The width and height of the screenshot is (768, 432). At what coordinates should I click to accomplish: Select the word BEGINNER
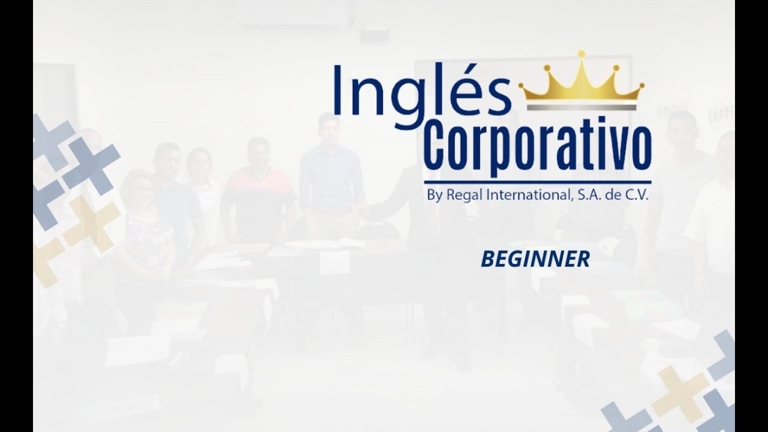(535, 259)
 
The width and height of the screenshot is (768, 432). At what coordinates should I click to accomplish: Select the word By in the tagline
(436, 196)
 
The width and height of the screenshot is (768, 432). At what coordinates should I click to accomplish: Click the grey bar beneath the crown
(581, 107)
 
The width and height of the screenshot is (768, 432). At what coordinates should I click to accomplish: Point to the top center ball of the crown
(581, 54)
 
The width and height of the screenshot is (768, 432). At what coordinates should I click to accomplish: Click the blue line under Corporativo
(538, 182)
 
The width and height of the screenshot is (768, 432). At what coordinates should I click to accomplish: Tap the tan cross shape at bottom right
(680, 390)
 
